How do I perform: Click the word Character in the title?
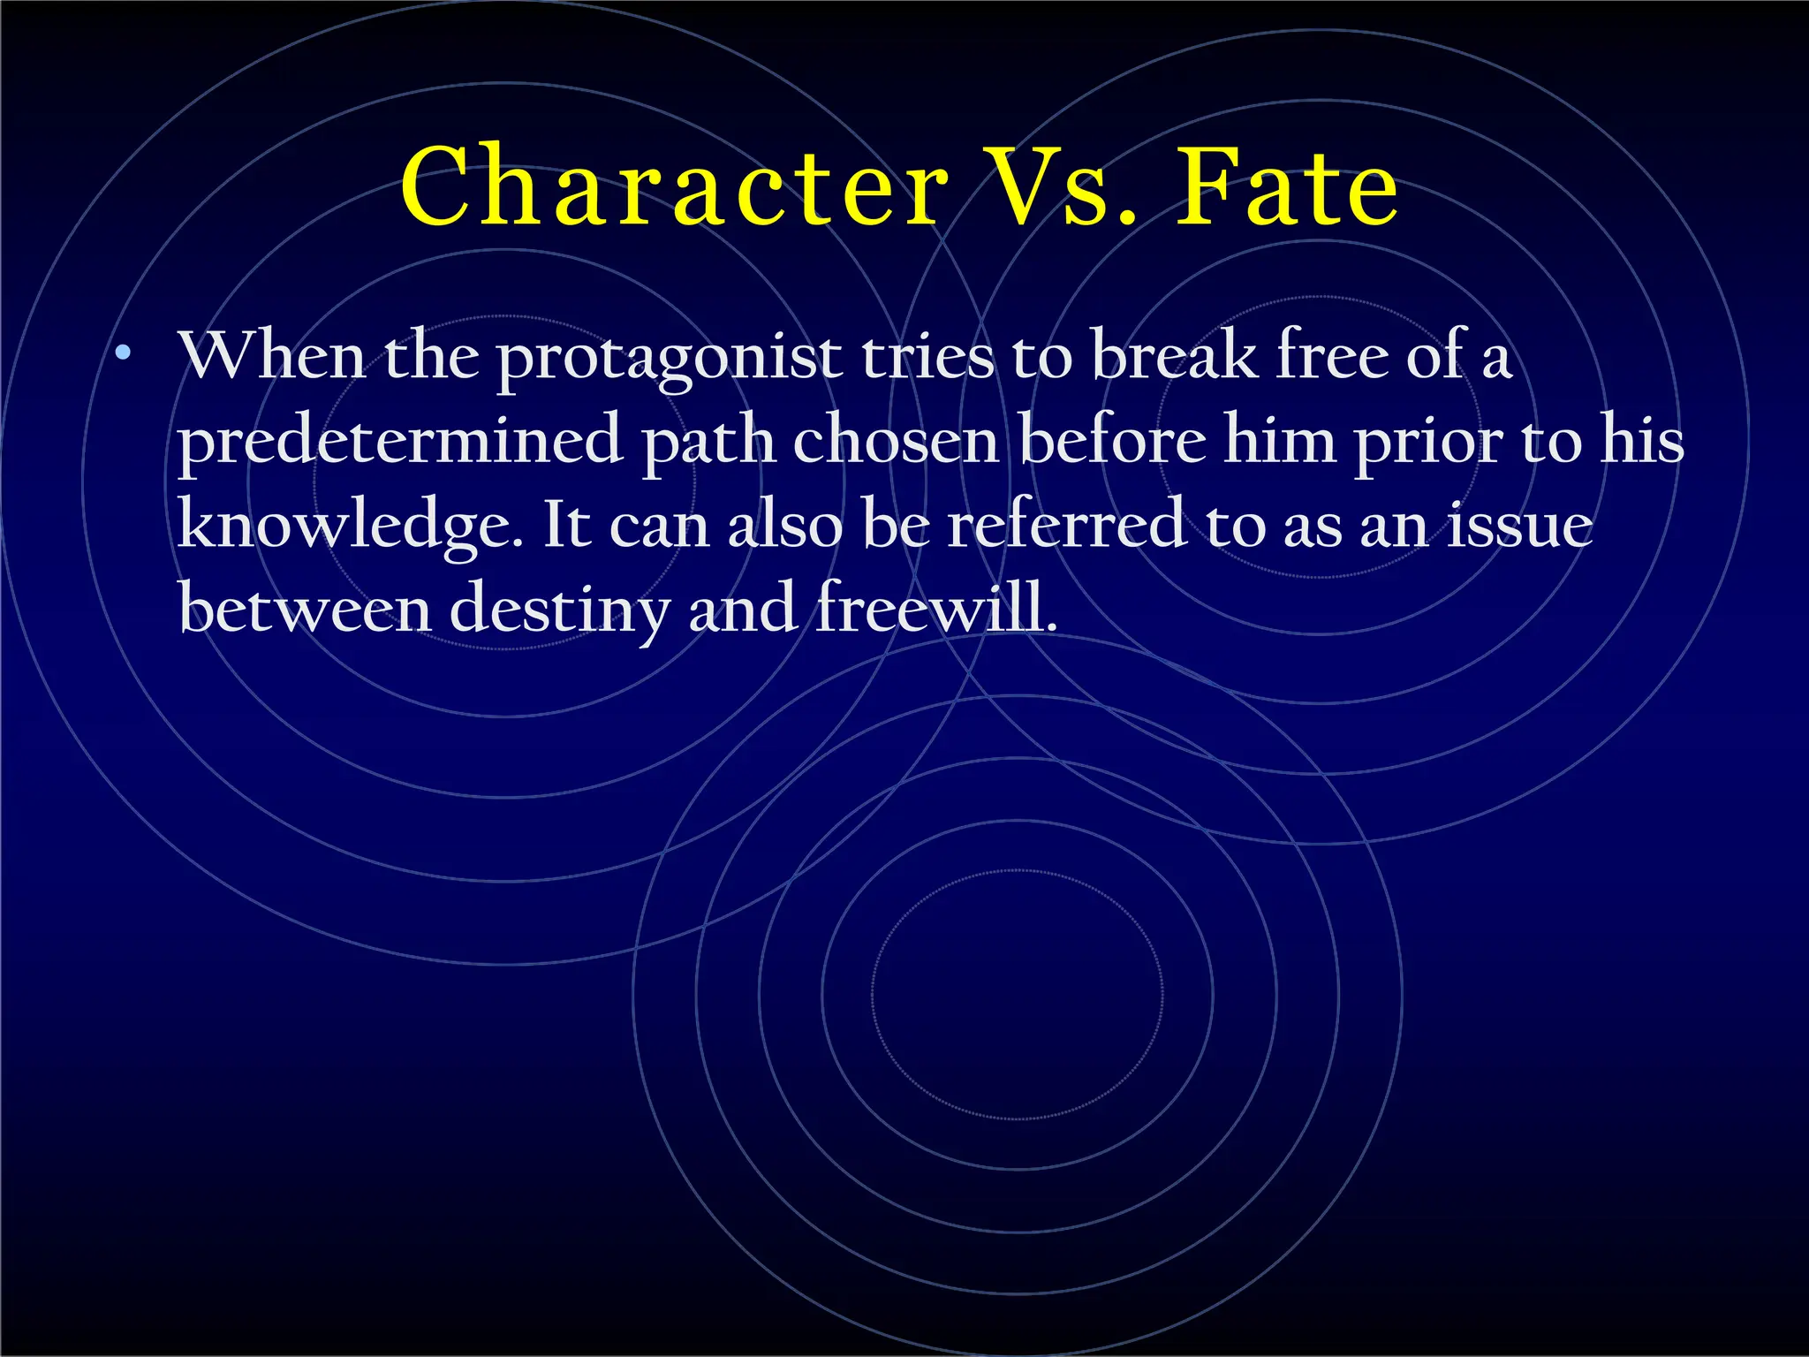(x=674, y=187)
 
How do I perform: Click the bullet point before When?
(x=124, y=354)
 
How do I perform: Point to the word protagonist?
(x=669, y=358)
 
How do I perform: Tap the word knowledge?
(x=350, y=526)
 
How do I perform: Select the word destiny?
(x=559, y=610)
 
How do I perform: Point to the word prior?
(x=1428, y=442)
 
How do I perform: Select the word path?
(x=708, y=441)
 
